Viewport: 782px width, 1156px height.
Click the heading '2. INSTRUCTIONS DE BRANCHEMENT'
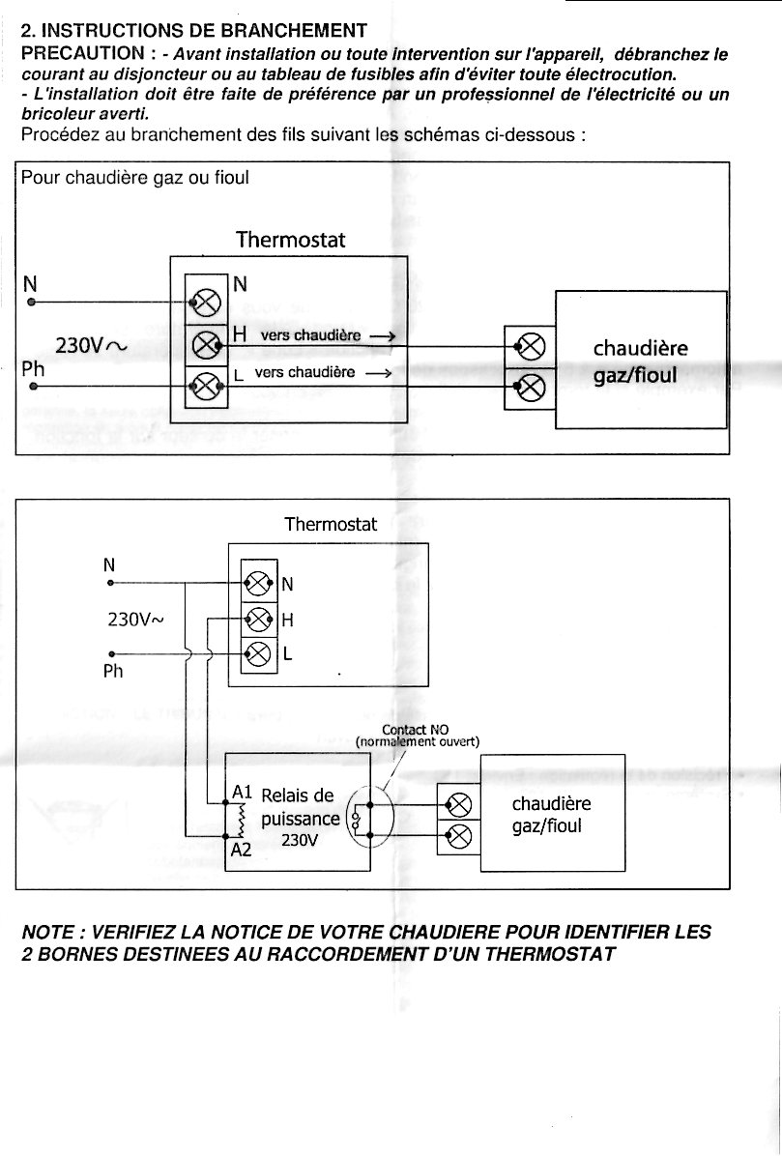pyautogui.click(x=193, y=32)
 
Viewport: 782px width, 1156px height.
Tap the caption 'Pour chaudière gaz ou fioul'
pyautogui.click(x=134, y=178)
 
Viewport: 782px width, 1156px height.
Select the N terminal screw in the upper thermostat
pyautogui.click(x=207, y=302)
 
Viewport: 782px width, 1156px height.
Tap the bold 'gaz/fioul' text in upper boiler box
pyautogui.click(x=635, y=375)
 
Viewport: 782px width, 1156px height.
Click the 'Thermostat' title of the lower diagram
pyautogui.click(x=331, y=525)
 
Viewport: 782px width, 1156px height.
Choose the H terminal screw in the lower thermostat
pyautogui.click(x=258, y=619)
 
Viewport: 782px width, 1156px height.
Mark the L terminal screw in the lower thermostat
pyautogui.click(x=258, y=653)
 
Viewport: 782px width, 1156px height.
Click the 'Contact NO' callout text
pyautogui.click(x=416, y=730)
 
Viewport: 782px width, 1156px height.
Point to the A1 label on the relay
pyautogui.click(x=243, y=793)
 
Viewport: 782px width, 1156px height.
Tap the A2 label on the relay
pyautogui.click(x=241, y=850)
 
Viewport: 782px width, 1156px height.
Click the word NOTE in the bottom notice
pyautogui.click(x=48, y=933)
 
